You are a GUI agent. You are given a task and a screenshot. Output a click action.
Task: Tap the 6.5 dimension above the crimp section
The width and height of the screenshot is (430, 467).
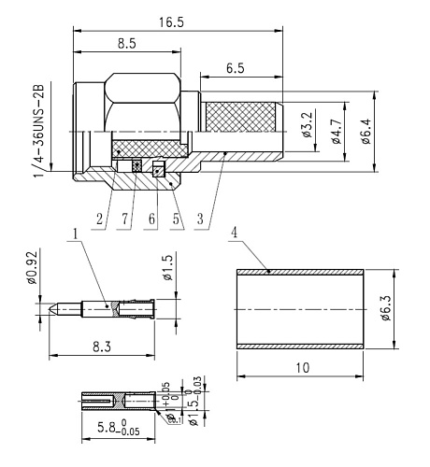click(x=236, y=70)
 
